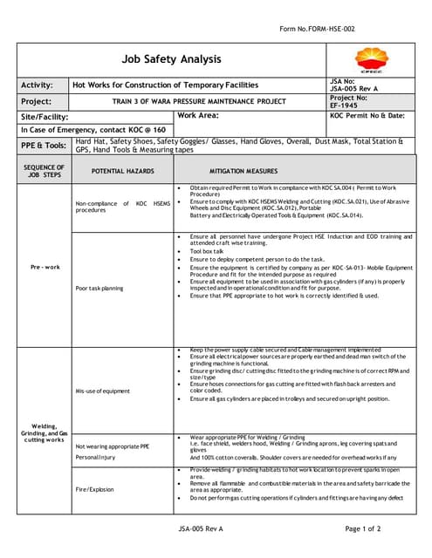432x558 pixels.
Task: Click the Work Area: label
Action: tap(198, 115)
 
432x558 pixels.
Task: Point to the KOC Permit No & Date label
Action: tap(367, 115)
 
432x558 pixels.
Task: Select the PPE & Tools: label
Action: tap(44, 145)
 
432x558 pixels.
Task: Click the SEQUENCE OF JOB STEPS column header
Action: tap(44, 171)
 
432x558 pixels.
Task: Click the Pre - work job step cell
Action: tap(44, 268)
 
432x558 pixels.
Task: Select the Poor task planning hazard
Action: tap(99, 288)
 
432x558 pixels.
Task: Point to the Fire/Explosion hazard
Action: tap(94, 488)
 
